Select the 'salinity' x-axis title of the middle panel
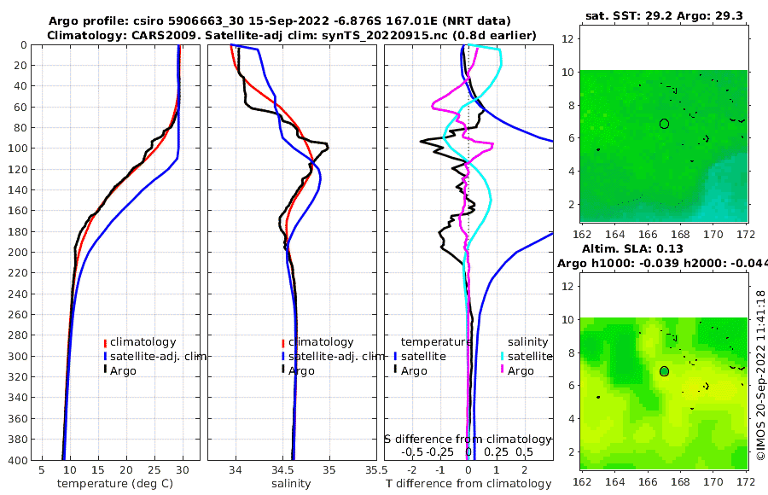click(291, 484)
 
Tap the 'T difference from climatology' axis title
click(469, 484)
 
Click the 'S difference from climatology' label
click(468, 438)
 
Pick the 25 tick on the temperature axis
click(154, 469)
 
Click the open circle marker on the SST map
click(664, 124)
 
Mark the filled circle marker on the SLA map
click(664, 371)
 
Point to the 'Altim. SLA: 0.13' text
click(655, 247)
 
